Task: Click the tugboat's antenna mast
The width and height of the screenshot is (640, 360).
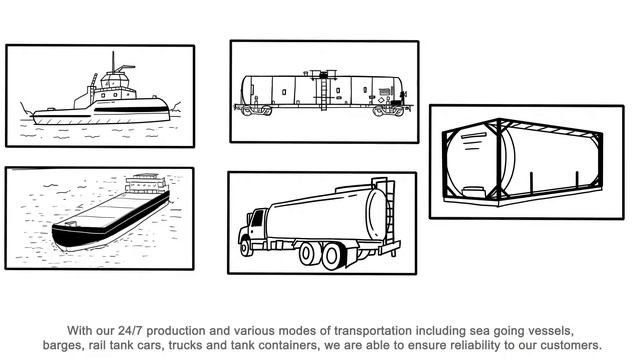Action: [113, 62]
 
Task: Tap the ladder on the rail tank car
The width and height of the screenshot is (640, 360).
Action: [324, 92]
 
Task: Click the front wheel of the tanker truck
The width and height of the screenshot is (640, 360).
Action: [246, 247]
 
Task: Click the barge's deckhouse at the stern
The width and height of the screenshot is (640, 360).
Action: [146, 184]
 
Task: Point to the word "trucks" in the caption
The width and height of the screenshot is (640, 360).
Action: [186, 345]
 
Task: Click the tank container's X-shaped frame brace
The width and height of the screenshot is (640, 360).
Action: [498, 159]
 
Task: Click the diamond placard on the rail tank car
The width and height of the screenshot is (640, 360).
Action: [381, 100]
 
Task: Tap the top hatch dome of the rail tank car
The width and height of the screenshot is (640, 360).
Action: [324, 73]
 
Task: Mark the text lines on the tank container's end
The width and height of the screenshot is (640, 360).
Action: [473, 141]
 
